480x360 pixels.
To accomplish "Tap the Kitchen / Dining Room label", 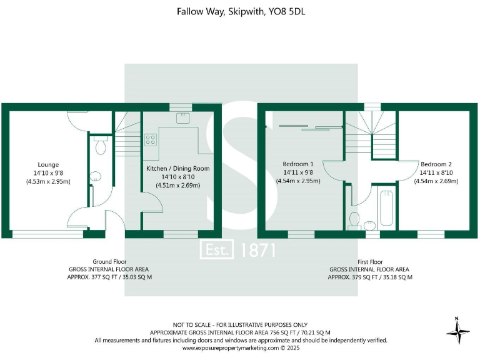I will tap(177, 169).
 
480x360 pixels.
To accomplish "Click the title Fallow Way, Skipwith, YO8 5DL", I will tap(239, 11).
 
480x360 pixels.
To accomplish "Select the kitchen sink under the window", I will tap(182, 119).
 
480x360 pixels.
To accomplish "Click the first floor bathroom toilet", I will tap(354, 220).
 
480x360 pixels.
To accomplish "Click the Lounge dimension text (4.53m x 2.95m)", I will tap(47, 181).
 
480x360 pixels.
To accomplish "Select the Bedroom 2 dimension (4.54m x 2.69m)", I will tap(436, 181).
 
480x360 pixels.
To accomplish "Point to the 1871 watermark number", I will tap(256, 250).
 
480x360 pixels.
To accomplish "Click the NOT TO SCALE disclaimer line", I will tap(240, 324).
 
